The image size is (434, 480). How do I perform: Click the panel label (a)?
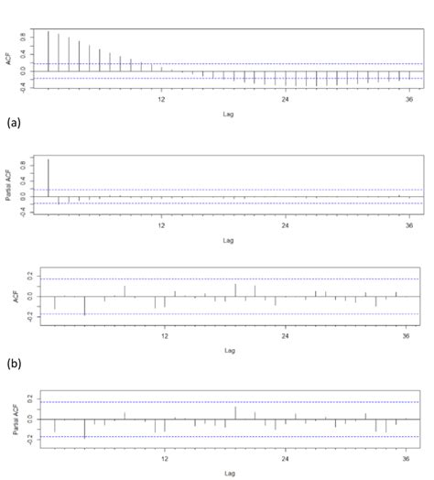click(x=13, y=120)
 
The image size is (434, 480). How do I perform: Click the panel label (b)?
click(x=13, y=364)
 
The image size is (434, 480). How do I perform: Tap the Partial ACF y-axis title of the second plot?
click(x=9, y=183)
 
